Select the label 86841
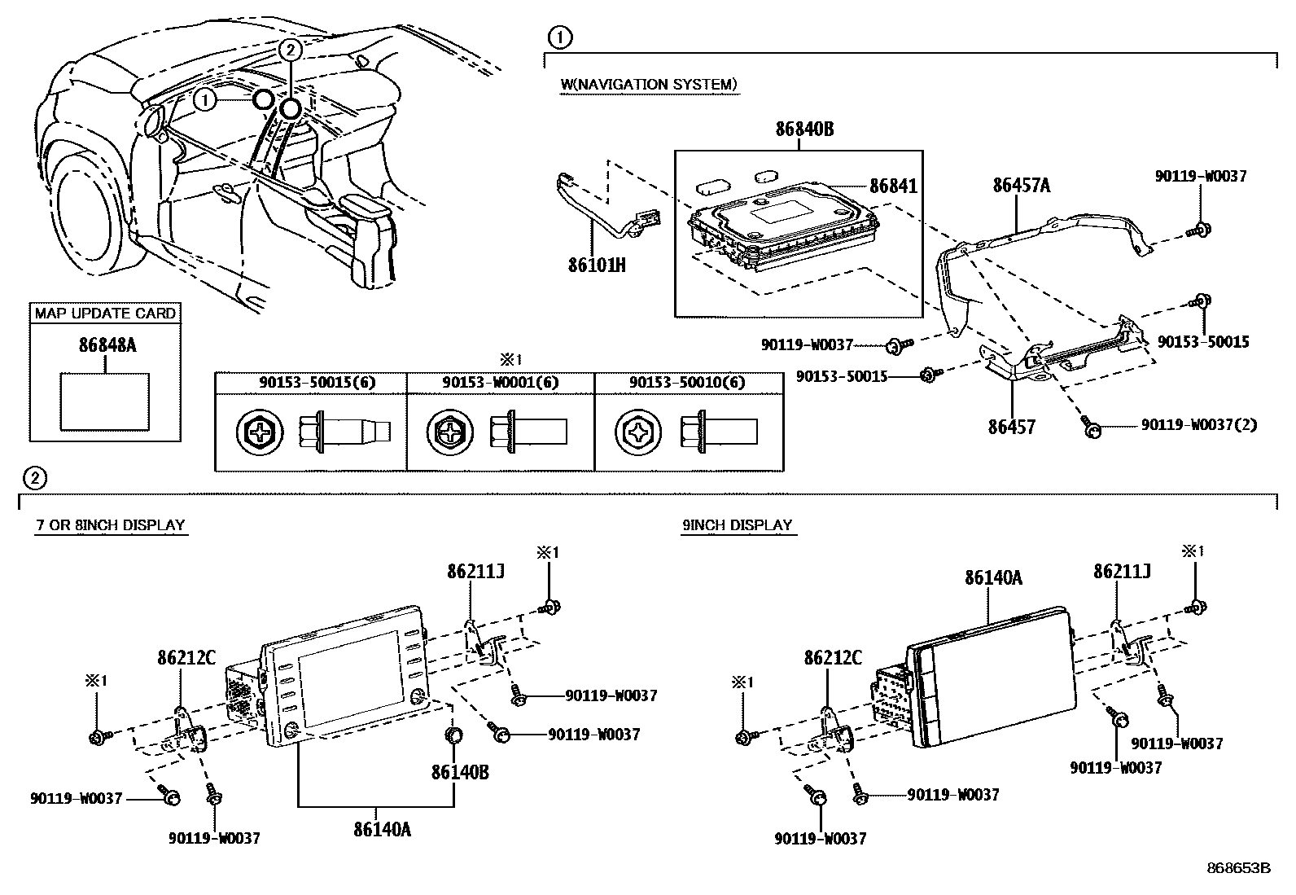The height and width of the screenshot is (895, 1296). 893,186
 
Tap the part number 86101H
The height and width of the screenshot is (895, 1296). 598,265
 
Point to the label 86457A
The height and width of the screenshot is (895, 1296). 1021,186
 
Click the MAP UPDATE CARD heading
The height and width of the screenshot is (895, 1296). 105,314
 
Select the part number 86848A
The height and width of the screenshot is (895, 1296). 107,345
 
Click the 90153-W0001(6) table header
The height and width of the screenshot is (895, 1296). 500,382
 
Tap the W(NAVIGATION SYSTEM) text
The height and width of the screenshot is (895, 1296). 649,85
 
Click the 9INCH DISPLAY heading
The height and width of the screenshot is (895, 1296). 737,526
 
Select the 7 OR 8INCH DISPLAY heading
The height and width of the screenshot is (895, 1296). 110,526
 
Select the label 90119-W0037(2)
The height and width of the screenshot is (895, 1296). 1198,425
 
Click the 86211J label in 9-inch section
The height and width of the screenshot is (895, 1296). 1121,572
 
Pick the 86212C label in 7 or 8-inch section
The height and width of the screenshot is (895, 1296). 186,657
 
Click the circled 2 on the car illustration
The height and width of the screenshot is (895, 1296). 290,50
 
